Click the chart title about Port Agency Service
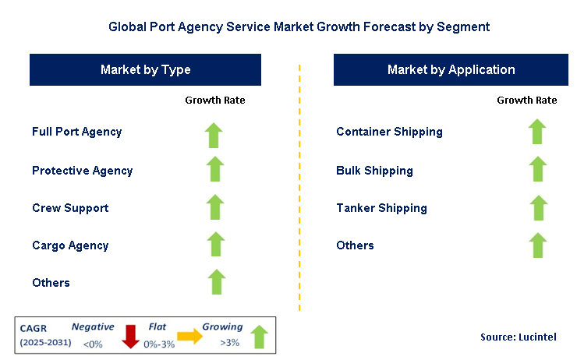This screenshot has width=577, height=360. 299,26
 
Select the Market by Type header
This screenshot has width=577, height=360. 145,70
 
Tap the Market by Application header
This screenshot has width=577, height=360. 451,70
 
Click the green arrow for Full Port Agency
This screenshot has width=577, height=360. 214,136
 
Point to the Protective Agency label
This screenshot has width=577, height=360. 83,171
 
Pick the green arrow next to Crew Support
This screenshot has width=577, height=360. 215,207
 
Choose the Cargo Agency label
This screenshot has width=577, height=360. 70,245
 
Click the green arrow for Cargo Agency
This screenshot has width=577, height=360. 216,244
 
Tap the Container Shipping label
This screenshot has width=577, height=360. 389,132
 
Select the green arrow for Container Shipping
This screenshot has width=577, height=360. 537,131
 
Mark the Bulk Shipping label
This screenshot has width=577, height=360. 374,171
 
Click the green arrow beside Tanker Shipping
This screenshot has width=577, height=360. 539,208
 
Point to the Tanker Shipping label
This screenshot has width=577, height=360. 381,208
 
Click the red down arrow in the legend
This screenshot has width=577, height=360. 130,337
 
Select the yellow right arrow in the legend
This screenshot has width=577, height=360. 190,336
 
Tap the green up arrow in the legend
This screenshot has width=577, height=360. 260,337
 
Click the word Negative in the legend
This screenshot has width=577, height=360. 93,326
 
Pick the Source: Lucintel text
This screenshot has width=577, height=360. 519,337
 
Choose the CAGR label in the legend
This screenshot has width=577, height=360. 33,328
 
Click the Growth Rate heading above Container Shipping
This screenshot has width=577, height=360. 527,100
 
